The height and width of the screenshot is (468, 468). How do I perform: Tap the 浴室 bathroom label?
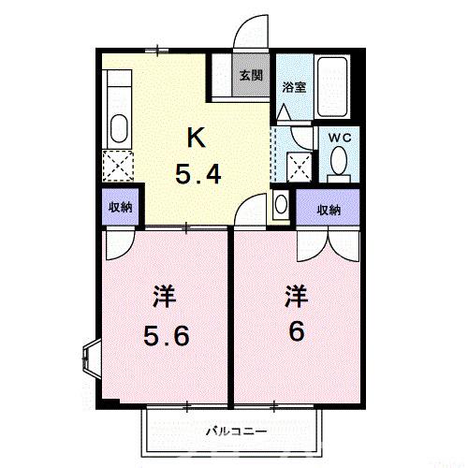point(294,87)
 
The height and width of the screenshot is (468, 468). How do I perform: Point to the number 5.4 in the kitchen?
point(198,174)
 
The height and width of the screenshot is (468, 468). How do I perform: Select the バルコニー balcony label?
point(236,431)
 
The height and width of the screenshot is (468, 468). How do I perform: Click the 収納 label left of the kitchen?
point(119,208)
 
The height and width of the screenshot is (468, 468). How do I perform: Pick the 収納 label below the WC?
point(327,210)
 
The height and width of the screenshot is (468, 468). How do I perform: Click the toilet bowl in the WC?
point(339,165)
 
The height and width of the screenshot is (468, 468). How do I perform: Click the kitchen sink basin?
point(119,126)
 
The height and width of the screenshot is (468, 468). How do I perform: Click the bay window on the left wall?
point(90,355)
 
